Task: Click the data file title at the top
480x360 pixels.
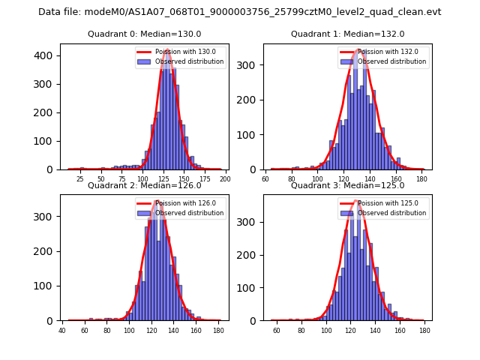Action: [x=240, y=12]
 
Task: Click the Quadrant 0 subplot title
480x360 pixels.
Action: [x=145, y=34]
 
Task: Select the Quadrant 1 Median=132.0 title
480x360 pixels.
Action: [x=348, y=34]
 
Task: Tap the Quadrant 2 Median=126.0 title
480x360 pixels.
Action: [x=145, y=185]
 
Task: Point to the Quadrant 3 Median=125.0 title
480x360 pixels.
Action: [x=348, y=185]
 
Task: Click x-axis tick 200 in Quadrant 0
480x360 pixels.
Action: [x=224, y=180]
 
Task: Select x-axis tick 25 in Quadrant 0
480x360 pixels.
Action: [x=80, y=180]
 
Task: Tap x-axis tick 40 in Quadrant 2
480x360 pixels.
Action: [x=62, y=331]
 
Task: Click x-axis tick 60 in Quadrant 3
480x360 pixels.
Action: [x=277, y=331]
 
